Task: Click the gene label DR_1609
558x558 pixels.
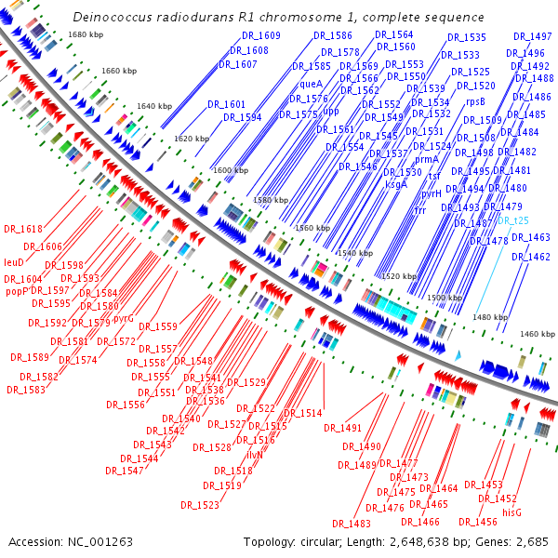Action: [262, 35]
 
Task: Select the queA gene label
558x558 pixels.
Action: [312, 84]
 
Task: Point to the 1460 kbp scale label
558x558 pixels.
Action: [537, 333]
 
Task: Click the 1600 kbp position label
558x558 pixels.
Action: [231, 171]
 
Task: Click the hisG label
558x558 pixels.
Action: [512, 512]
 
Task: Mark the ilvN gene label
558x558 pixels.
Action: [255, 455]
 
